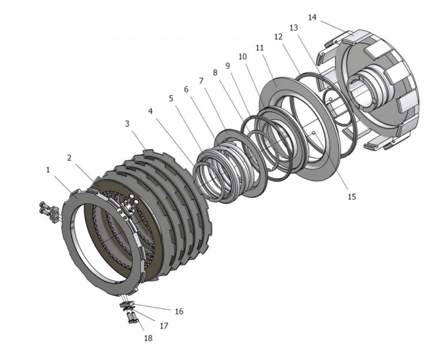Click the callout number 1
(x=48, y=170)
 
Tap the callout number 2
(x=69, y=158)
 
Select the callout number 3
(x=127, y=123)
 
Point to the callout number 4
(x=150, y=111)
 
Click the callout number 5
(x=171, y=99)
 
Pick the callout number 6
(x=186, y=89)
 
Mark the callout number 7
(x=201, y=81)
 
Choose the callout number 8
(x=215, y=72)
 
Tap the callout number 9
(x=228, y=65)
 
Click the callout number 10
(x=243, y=57)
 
